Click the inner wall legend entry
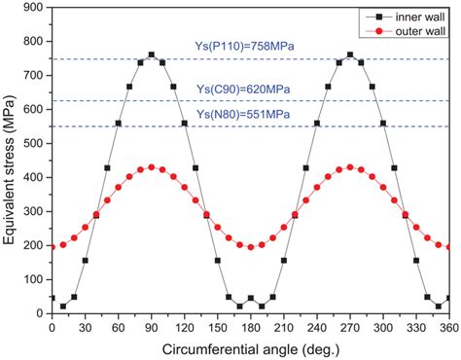click(418, 15)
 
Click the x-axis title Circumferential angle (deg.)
click(250, 349)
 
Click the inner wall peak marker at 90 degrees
click(151, 55)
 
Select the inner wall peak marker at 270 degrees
click(350, 55)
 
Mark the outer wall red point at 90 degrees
click(151, 167)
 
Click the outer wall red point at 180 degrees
click(250, 246)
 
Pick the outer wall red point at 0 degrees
click(52, 246)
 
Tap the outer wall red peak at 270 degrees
click(350, 167)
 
